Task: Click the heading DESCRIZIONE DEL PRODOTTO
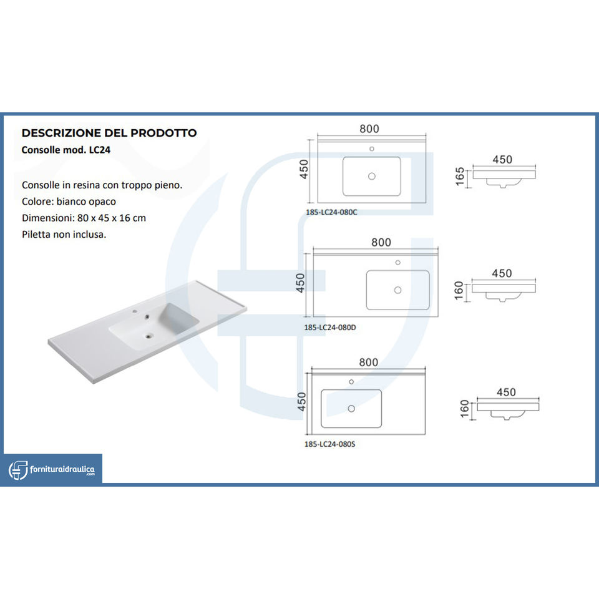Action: coord(109,133)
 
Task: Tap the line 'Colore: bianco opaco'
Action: coord(69,202)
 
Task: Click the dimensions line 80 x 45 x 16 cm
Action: coord(84,218)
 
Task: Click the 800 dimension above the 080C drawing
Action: coord(369,129)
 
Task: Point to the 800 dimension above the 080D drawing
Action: coord(381,243)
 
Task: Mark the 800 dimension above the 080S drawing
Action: coord(368,362)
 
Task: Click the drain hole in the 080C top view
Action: coord(372,176)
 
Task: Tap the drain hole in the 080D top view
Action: coord(397,290)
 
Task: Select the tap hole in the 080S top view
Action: coord(351,381)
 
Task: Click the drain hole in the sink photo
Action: coord(149,336)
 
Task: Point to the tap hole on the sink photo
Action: coord(135,310)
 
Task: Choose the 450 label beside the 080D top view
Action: coord(299,283)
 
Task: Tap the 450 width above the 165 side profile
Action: coord(502,159)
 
